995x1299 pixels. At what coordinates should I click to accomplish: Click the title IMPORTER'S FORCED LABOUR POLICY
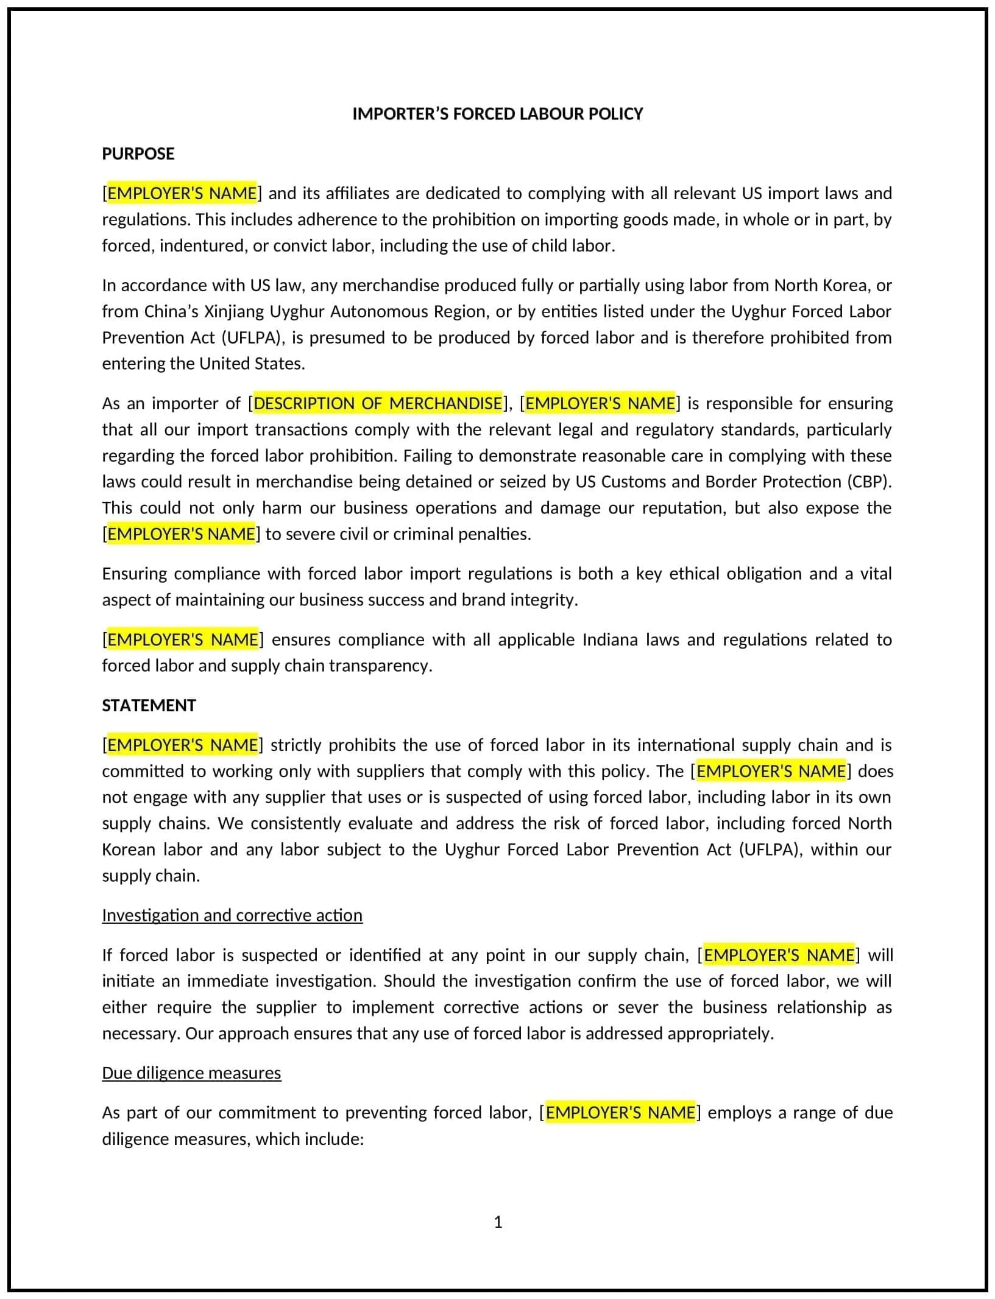(497, 114)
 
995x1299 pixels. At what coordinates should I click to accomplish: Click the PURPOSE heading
(138, 153)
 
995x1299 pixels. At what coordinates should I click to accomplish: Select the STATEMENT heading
(149, 705)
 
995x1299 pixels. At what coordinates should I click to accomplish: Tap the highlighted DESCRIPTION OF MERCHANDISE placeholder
(378, 403)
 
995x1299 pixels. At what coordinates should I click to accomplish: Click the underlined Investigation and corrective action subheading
(232, 915)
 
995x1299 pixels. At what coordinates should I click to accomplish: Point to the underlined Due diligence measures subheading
(191, 1072)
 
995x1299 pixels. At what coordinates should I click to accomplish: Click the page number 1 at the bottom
(497, 1222)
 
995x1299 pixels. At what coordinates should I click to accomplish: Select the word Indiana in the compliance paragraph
(609, 639)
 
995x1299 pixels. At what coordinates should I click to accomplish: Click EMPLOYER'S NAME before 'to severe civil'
(181, 534)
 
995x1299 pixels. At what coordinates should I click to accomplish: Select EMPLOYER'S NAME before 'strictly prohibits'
(182, 745)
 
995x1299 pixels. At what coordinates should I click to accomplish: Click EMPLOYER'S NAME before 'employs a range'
(620, 1113)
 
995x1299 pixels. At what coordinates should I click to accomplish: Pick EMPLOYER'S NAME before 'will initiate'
(779, 955)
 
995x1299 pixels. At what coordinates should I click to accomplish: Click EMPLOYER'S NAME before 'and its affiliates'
(182, 193)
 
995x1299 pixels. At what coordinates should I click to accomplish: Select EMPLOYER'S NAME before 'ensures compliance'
(182, 639)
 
